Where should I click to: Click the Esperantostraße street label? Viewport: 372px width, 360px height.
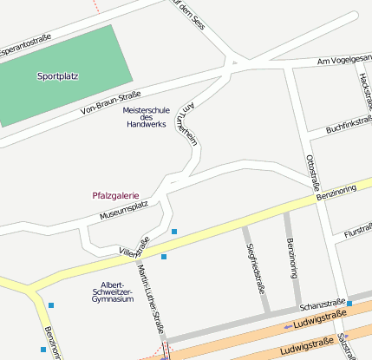26,43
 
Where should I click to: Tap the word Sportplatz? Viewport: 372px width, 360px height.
58,76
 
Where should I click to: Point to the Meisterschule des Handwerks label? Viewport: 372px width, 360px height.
146,118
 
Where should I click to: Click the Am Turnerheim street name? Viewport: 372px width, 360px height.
186,121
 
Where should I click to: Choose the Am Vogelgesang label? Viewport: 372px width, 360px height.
344,61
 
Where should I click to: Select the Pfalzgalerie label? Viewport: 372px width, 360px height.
115,195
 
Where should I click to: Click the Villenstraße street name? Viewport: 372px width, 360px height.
134,247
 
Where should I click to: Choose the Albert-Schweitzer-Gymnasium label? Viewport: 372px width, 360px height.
117,291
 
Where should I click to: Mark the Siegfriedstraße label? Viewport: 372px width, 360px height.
256,269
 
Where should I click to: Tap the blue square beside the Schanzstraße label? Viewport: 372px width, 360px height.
349,304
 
